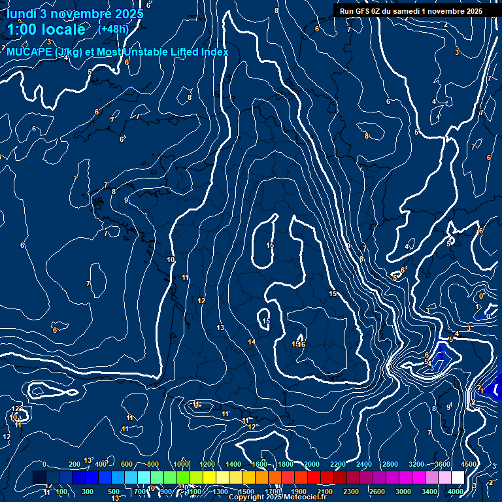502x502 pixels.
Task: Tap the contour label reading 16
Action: [301, 344]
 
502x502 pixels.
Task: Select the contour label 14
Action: [252, 342]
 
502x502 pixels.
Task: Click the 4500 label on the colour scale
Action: [468, 464]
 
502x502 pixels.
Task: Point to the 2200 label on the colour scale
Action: [337, 464]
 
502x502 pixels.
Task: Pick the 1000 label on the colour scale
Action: [181, 464]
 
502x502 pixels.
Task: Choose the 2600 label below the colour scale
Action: [376, 492]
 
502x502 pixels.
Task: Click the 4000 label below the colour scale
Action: [456, 492]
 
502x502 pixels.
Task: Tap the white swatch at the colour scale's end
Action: [458, 478]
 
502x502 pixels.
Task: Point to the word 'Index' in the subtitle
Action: [212, 52]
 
